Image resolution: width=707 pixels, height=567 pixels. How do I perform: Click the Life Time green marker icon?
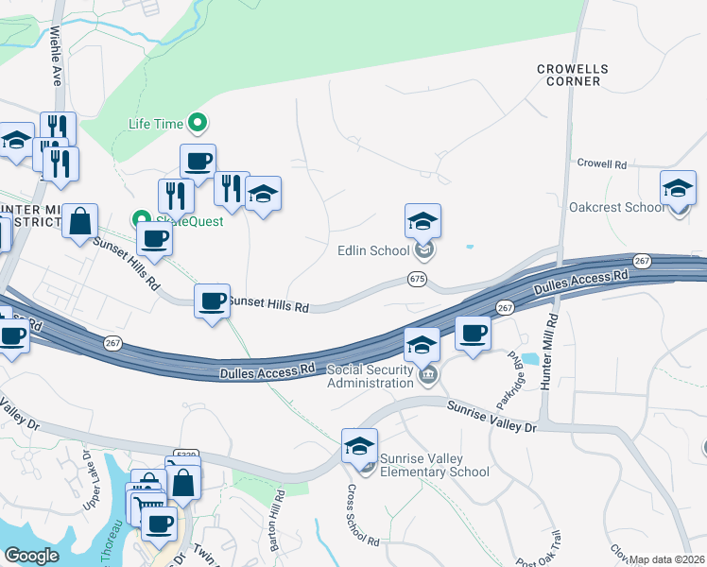coord(198,122)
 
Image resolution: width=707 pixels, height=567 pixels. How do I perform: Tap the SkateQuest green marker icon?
coord(142,219)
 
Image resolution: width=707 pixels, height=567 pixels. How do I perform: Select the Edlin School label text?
coord(373,250)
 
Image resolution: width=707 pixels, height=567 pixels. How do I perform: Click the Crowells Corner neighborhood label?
coord(568,75)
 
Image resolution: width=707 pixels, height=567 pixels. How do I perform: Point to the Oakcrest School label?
coord(616,207)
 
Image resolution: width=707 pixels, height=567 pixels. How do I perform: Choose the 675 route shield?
coord(417,279)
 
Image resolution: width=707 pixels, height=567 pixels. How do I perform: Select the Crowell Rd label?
coord(601,164)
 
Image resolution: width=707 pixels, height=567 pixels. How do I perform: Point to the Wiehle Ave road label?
coord(56,57)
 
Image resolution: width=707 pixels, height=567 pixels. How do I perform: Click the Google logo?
coord(32,556)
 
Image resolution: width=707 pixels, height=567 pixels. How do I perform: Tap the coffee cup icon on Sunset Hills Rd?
coord(212,301)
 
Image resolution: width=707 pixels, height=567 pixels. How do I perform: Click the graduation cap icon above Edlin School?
coord(422,221)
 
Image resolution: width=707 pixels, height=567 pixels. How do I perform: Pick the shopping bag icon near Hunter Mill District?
coord(80,222)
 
